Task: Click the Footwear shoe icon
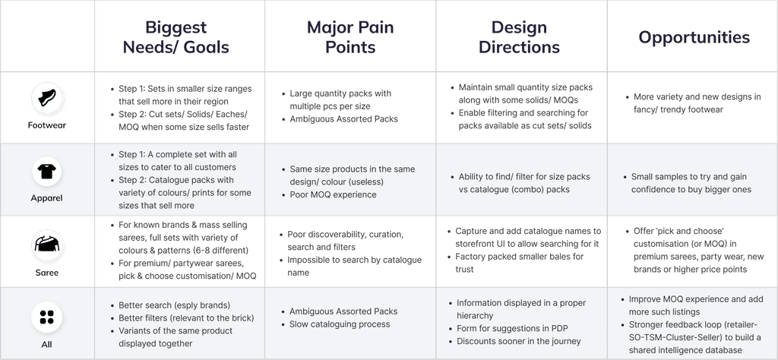47,99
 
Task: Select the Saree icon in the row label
47,243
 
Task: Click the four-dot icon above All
47,317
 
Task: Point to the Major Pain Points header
350,37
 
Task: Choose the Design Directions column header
520,37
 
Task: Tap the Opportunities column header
693,37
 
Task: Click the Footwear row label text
47,125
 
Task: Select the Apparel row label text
47,197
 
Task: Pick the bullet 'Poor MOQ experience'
333,194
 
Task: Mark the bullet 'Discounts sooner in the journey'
519,341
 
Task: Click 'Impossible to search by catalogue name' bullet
354,266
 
